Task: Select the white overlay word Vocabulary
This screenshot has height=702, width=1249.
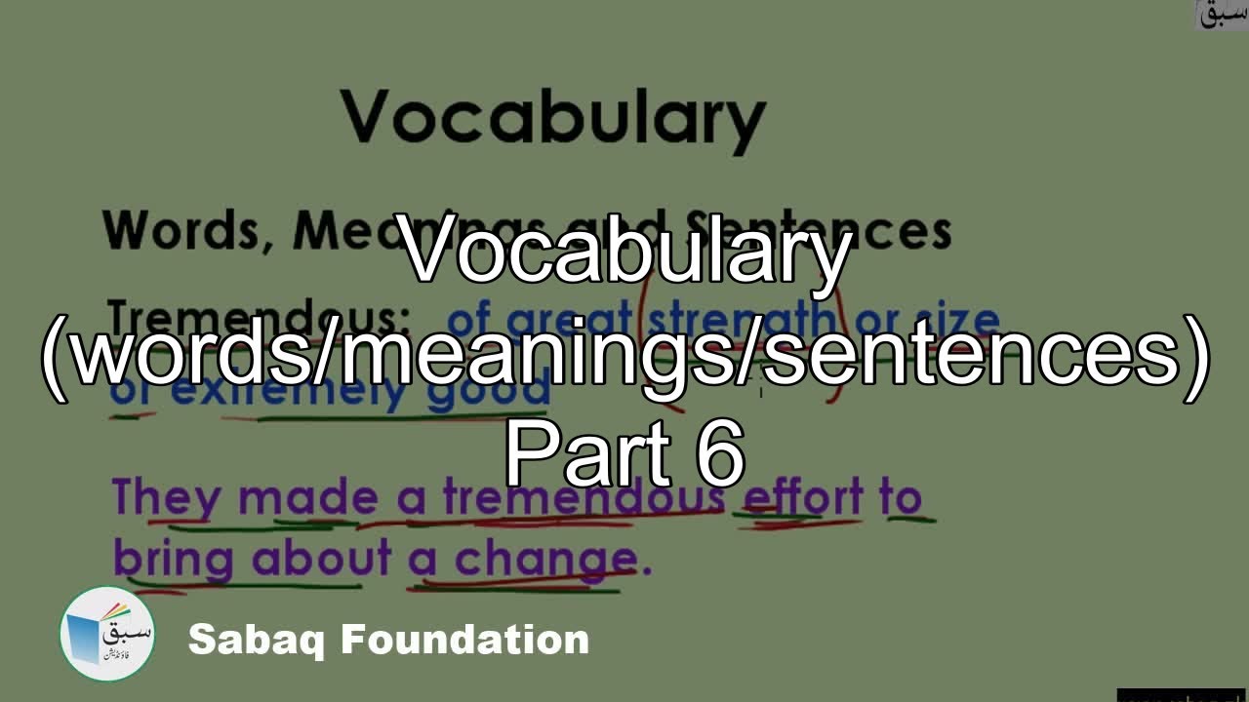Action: [x=625, y=252]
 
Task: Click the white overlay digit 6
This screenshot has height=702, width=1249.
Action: [x=721, y=455]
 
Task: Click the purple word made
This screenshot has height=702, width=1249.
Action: [x=307, y=498]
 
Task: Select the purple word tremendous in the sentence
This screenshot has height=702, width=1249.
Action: [x=583, y=498]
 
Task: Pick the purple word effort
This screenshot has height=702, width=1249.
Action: [x=803, y=498]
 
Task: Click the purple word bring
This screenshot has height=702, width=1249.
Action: [x=173, y=560]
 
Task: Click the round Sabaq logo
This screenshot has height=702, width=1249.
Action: [x=107, y=634]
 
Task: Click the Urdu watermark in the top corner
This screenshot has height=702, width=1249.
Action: [x=1221, y=14]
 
